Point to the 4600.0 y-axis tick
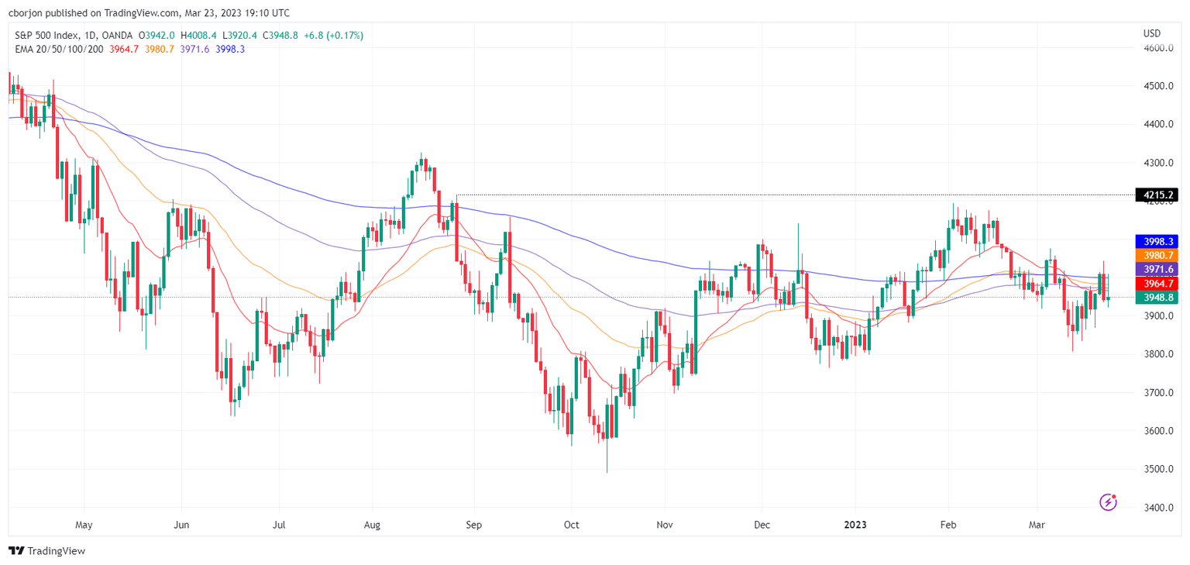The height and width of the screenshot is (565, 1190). (1158, 48)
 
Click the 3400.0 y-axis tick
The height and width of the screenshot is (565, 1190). (1158, 508)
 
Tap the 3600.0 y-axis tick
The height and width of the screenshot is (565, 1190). (1158, 431)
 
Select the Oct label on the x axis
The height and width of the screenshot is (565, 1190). (571, 525)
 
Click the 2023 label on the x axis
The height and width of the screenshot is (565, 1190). (855, 525)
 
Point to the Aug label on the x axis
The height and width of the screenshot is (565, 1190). (373, 525)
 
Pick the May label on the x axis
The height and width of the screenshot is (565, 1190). (84, 525)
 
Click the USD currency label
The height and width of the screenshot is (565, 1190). (1152, 33)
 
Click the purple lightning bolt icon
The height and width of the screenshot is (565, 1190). (1109, 502)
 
